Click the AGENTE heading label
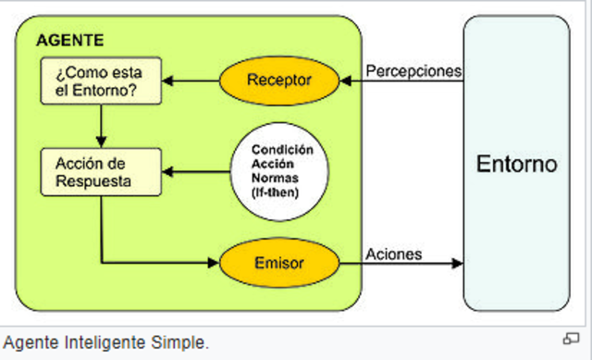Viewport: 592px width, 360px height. coord(69,41)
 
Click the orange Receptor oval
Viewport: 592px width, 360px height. coord(279,81)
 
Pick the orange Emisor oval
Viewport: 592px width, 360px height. coord(279,264)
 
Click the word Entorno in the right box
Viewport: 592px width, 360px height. coord(516,165)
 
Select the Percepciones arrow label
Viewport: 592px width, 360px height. coord(413,70)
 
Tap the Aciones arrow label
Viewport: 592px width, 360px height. coord(393,254)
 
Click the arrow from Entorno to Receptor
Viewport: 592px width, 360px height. coord(402,81)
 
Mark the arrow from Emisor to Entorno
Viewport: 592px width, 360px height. coord(402,264)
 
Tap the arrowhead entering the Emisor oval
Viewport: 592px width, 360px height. coord(213,264)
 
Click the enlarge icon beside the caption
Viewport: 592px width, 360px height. coord(571,338)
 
